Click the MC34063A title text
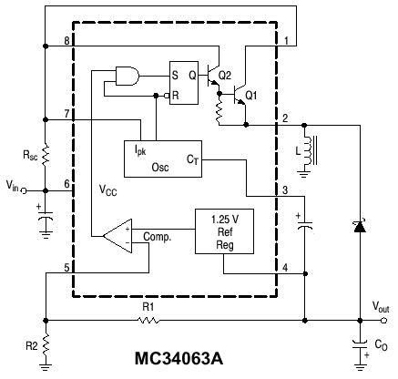[x=179, y=358]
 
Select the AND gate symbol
[x=128, y=76]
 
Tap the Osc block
[x=163, y=159]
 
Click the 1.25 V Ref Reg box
[x=224, y=231]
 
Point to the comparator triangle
[x=117, y=236]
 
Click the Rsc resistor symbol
[x=46, y=155]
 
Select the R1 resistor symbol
[x=148, y=321]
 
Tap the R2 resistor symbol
[x=46, y=345]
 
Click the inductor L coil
[x=308, y=151]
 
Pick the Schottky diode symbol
[x=360, y=226]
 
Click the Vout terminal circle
[x=384, y=321]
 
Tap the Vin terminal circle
[x=24, y=190]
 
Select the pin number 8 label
[x=66, y=41]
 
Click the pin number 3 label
[x=285, y=190]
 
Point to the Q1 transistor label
[x=251, y=96]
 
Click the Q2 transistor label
[x=225, y=75]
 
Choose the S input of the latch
[x=175, y=75]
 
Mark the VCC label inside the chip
[x=108, y=190]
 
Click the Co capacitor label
[x=382, y=345]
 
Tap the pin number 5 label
[x=66, y=268]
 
